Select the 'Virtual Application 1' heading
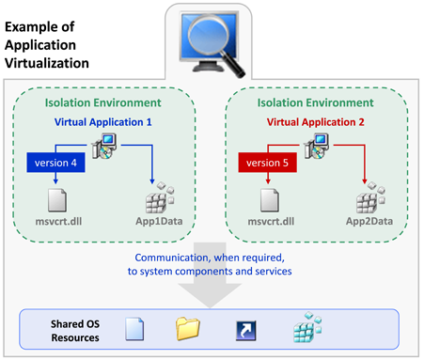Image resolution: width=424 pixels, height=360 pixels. point(103,121)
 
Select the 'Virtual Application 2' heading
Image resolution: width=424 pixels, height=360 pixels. point(316,121)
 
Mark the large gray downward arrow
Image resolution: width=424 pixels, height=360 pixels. point(212,282)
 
